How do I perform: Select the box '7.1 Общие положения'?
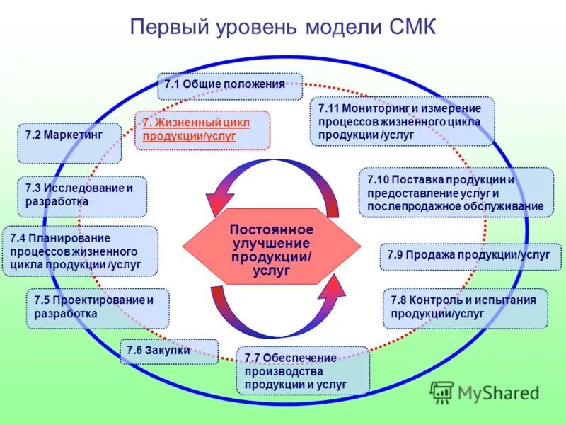pyautogui.click(x=230, y=85)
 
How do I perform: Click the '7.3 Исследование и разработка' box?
pyautogui.click(x=81, y=195)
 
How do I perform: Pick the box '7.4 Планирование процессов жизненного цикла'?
pyautogui.click(x=79, y=251)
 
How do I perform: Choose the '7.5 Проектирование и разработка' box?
pyautogui.click(x=98, y=307)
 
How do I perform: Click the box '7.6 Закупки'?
pyautogui.click(x=168, y=351)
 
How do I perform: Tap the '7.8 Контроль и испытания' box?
pyautogui.click(x=465, y=308)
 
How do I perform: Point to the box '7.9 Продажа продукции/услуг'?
pyautogui.click(x=470, y=256)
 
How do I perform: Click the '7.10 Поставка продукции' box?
pyautogui.click(x=456, y=193)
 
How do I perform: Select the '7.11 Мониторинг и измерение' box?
pyautogui.click(x=402, y=121)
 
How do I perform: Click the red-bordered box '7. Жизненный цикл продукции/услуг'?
pyautogui.click(x=202, y=130)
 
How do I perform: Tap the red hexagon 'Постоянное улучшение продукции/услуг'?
pyautogui.click(x=272, y=244)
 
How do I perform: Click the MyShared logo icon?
pyautogui.click(x=442, y=392)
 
